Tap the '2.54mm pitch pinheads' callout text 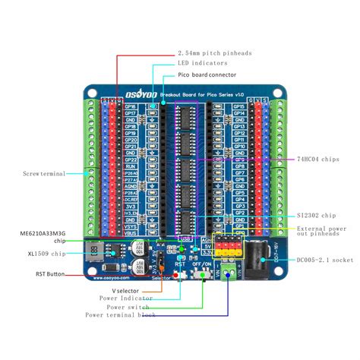point(215,54)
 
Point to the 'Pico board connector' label point(206,76)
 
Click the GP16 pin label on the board point(130,108)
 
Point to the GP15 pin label point(238,107)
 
